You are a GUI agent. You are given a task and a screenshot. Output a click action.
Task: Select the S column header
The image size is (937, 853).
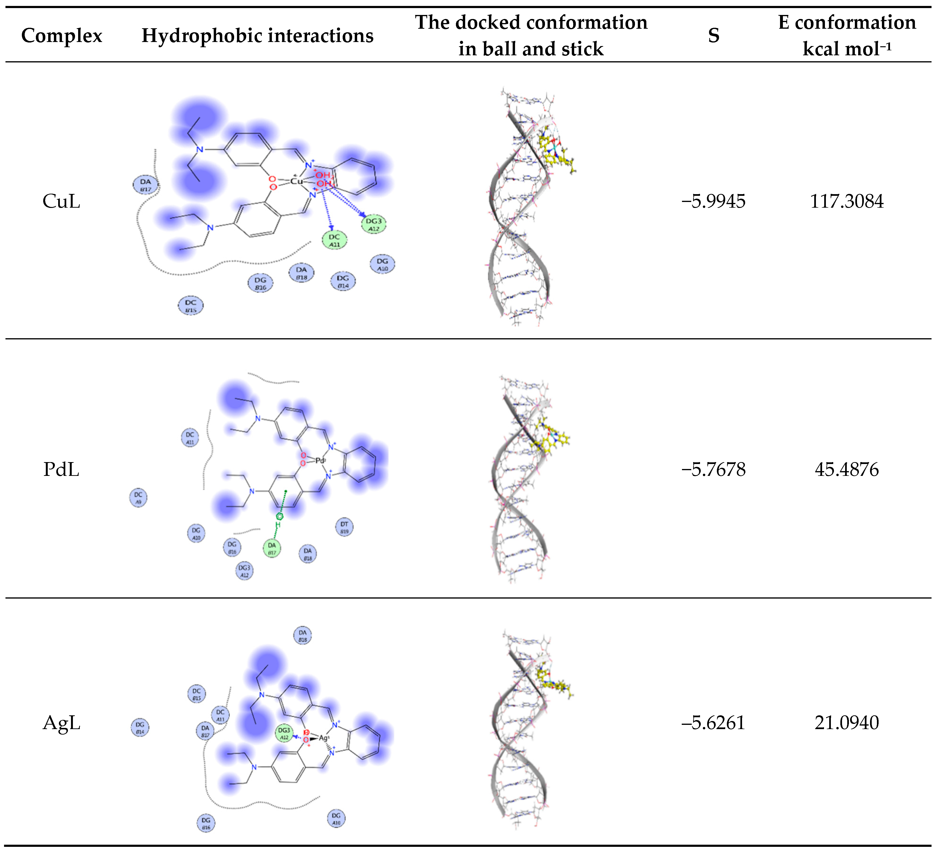pyautogui.click(x=714, y=35)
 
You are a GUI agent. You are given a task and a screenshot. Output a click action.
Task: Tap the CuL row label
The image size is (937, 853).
pyautogui.click(x=61, y=201)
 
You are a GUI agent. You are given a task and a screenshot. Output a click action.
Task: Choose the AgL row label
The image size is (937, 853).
pyautogui.click(x=61, y=723)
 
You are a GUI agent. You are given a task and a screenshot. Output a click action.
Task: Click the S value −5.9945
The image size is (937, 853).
pyautogui.click(x=714, y=201)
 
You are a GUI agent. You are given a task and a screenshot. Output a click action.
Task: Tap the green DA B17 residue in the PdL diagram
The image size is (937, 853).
pyautogui.click(x=272, y=548)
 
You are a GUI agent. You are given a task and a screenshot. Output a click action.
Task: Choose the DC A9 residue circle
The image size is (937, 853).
pyautogui.click(x=138, y=497)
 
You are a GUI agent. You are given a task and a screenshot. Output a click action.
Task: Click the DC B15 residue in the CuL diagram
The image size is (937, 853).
pyautogui.click(x=191, y=306)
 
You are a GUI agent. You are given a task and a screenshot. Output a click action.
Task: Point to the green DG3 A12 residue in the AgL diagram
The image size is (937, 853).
pyautogui.click(x=284, y=733)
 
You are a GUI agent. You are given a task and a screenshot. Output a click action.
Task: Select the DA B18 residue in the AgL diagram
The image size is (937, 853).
pyautogui.click(x=303, y=636)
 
